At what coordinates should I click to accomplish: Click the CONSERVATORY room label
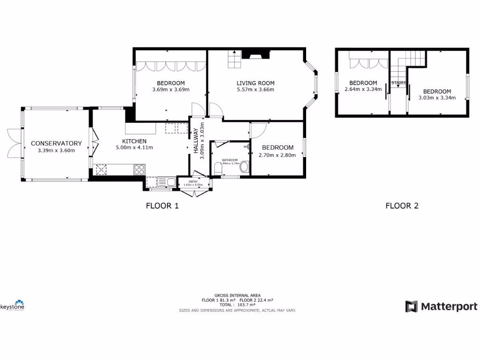[x=56, y=143]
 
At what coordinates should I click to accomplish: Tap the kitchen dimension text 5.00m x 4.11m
[x=135, y=148]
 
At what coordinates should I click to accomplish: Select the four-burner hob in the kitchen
[x=139, y=169]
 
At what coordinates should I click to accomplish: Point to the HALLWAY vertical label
[x=196, y=141]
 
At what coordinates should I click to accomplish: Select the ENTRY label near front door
[x=193, y=181]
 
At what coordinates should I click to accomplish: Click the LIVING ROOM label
[x=255, y=83]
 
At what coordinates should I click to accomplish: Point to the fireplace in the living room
[x=259, y=55]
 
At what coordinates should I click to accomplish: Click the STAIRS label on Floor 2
[x=398, y=83]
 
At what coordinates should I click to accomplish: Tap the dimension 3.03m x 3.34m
[x=437, y=98]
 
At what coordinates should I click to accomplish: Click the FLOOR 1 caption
[x=162, y=205]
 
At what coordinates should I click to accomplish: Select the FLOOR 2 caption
[x=402, y=205]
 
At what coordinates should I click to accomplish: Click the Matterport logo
[x=441, y=307]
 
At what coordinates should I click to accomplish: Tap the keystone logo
[x=13, y=306]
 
